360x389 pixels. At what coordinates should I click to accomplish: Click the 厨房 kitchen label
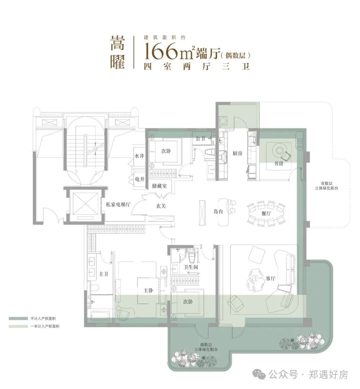coord(237,153)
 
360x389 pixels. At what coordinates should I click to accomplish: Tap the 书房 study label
coord(279,163)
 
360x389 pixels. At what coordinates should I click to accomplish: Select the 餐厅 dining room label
coord(266,213)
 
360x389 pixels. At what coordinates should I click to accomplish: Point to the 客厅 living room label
coord(270,278)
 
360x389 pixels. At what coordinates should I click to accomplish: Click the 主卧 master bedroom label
coord(148,290)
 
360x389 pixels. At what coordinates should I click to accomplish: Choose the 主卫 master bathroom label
coord(103,274)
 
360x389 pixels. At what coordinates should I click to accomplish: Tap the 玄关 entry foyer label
coord(161,206)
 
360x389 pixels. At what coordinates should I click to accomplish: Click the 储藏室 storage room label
coord(159,186)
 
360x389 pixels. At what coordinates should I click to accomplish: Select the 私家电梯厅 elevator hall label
coord(118,205)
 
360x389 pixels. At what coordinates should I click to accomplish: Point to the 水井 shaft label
coord(139,156)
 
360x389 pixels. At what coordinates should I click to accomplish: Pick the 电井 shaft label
coord(140,179)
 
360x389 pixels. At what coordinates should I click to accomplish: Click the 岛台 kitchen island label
coord(218,211)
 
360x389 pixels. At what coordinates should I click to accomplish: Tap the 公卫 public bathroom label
coord(200,138)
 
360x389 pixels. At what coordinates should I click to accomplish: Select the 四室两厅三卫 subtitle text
coord(197,67)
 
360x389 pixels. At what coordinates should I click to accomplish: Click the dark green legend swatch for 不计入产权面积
coord(18,318)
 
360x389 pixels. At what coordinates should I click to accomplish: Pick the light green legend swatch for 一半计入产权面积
coord(18,326)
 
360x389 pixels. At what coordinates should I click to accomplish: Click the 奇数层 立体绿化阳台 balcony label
coord(326,186)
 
